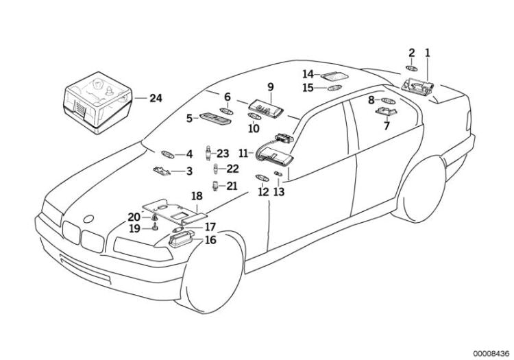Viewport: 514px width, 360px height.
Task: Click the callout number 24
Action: tap(156, 98)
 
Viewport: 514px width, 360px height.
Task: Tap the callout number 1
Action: tap(428, 52)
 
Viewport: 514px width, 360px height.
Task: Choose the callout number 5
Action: tap(188, 118)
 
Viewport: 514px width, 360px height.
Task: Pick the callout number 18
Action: tap(197, 196)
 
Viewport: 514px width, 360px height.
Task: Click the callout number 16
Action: tap(210, 240)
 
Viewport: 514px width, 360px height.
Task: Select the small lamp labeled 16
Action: tap(182, 241)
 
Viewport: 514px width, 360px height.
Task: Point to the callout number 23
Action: tap(223, 153)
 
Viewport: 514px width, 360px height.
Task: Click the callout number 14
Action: tap(308, 73)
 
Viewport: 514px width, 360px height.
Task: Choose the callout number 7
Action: tap(387, 127)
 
